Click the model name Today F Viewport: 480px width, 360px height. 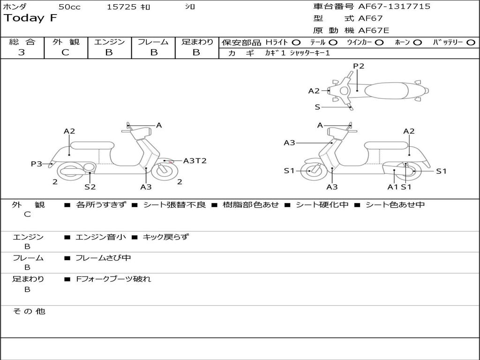click(30, 19)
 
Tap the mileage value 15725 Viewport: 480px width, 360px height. click(121, 7)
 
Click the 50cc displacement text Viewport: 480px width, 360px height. click(69, 7)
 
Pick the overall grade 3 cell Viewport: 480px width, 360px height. click(22, 52)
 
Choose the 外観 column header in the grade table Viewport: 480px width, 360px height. click(66, 42)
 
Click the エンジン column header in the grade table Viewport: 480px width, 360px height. click(109, 42)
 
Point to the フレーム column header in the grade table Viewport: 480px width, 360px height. click(153, 42)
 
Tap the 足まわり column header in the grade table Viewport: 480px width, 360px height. click(197, 42)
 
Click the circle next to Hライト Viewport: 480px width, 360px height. click(296, 43)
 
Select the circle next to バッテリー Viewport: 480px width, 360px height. click(471, 43)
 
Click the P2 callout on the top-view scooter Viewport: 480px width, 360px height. click(359, 66)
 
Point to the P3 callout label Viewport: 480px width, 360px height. click(37, 164)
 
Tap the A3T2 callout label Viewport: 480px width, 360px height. click(195, 161)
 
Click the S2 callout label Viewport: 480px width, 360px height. click(90, 187)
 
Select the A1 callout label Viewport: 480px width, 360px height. click(392, 187)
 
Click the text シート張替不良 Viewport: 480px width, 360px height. click(174, 205)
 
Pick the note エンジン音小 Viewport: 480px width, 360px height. click(101, 237)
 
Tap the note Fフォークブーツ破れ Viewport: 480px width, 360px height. click(113, 279)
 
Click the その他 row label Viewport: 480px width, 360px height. click(29, 311)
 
